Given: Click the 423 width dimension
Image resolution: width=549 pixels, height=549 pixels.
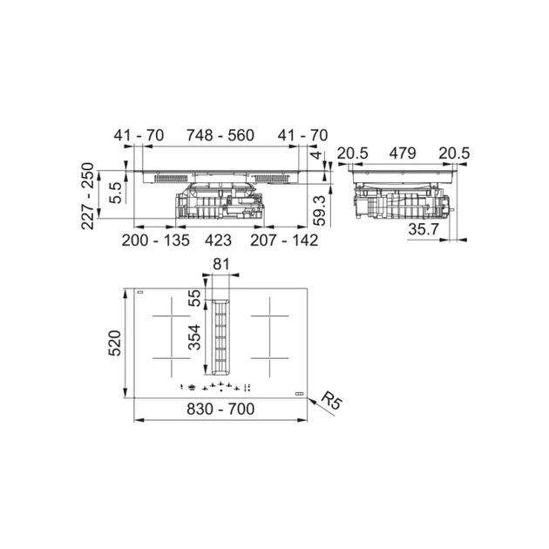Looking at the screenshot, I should [x=218, y=240].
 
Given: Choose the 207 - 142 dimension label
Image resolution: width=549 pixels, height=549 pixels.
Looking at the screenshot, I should [x=283, y=240].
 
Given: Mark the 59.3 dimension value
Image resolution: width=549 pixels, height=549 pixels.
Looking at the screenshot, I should [x=320, y=210].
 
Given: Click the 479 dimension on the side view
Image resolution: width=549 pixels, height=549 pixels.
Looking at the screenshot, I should [x=402, y=154].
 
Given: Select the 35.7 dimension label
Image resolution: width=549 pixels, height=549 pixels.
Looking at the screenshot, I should [x=425, y=230].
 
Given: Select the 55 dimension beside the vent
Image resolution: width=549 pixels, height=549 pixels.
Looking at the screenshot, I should [x=195, y=297].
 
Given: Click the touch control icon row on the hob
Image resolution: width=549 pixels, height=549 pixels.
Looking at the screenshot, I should [x=218, y=390].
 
